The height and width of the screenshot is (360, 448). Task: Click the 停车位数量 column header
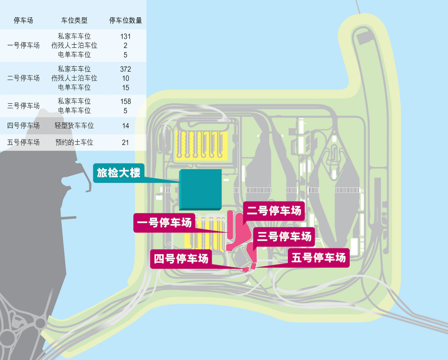pos(125,20)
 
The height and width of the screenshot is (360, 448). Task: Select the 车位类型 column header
pos(74,20)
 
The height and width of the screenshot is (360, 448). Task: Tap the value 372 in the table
pos(125,69)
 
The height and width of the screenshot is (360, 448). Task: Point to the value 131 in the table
pos(125,36)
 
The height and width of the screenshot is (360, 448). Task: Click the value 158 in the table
pos(125,101)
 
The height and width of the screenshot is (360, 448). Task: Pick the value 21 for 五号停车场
pos(125,142)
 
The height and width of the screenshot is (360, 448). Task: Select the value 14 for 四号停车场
pos(125,126)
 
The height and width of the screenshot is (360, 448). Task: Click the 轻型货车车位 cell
pos(74,126)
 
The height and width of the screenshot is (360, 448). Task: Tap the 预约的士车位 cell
pos(74,142)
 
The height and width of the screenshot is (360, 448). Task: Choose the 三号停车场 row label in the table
pos(23,106)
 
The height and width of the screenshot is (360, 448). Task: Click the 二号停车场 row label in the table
pos(23,78)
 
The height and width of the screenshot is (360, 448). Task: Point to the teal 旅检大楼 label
pos(119,173)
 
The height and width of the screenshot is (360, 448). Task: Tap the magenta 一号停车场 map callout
pos(164,223)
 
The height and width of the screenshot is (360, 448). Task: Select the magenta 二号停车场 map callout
pos(274,211)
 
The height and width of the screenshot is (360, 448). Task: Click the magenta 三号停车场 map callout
pos(284,237)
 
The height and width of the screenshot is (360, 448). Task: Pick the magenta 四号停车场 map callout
pos(181,259)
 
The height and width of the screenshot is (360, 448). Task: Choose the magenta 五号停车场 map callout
pos(319,258)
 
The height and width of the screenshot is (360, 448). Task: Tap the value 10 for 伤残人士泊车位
pos(125,78)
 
